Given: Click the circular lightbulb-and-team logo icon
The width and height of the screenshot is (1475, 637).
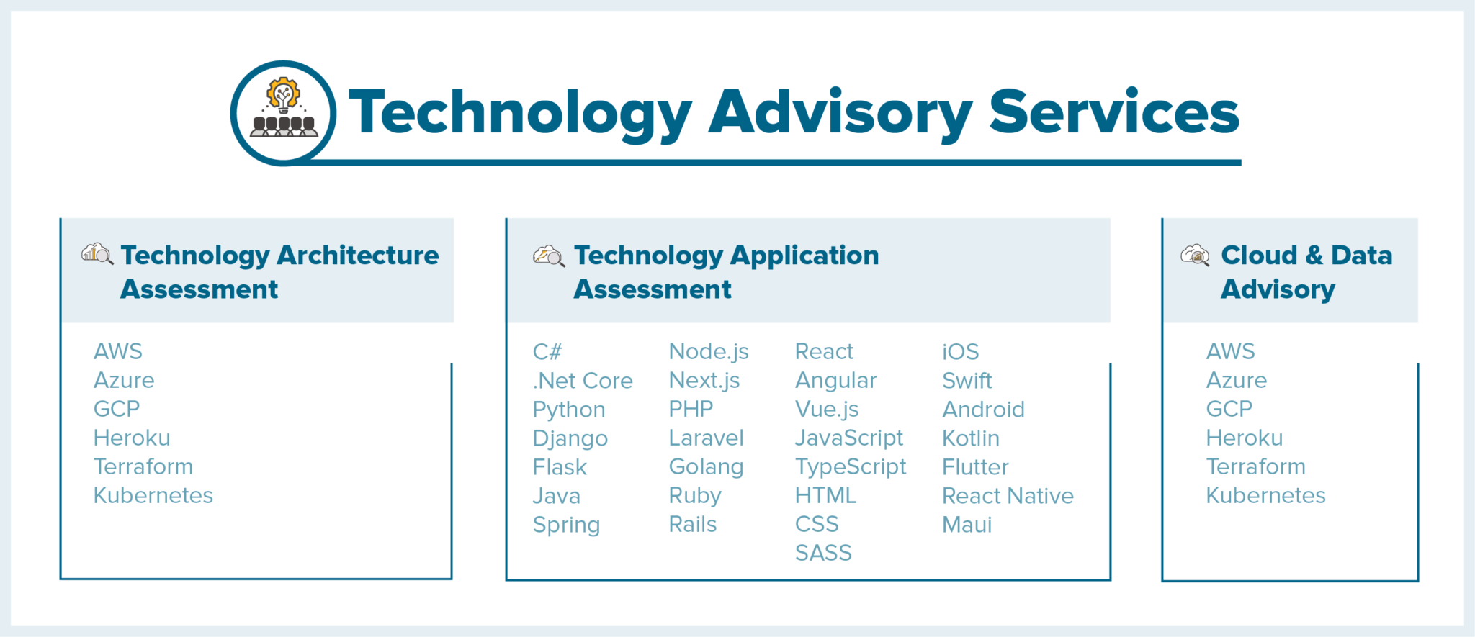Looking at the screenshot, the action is [283, 113].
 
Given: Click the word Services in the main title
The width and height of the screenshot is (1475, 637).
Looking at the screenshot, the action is [1114, 112].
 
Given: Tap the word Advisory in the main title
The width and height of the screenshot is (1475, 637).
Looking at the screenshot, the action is [840, 115].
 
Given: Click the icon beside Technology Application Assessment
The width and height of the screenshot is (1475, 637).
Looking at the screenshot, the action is [549, 256].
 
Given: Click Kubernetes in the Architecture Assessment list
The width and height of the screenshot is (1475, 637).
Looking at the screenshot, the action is [153, 495].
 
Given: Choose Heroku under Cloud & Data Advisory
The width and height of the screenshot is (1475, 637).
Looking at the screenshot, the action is [1245, 438].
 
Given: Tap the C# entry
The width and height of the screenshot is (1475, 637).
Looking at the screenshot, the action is [547, 351].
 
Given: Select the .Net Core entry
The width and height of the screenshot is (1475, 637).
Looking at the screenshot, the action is [583, 380].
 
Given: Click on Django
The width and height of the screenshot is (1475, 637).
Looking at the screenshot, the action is [570, 438].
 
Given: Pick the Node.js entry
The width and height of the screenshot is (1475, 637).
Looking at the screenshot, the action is [709, 351].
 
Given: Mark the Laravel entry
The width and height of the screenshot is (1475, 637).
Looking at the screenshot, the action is [706, 438].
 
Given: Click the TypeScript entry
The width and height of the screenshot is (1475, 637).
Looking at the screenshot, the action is [851, 467].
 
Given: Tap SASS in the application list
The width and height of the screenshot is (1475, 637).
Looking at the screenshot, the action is [823, 553].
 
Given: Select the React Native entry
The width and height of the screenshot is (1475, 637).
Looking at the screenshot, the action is [1008, 495].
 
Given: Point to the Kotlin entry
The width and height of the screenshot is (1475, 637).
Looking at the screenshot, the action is [971, 438].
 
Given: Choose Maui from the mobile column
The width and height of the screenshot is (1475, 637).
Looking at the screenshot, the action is [967, 524].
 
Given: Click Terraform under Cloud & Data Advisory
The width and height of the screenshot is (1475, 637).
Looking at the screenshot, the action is [1256, 466].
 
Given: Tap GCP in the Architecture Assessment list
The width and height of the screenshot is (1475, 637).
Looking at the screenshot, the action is [117, 409].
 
